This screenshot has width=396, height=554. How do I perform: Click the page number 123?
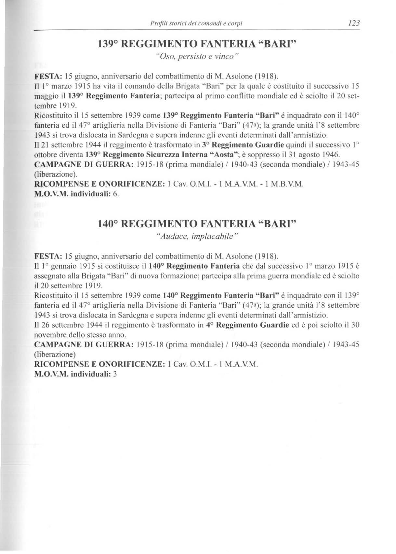pyautogui.click(x=353, y=23)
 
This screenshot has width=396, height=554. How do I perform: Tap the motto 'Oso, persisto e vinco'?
pyautogui.click(x=197, y=56)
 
